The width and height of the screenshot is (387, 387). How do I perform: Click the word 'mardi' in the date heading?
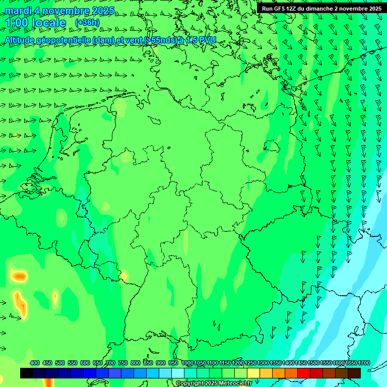[17, 11]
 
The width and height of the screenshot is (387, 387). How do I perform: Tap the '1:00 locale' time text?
[35, 23]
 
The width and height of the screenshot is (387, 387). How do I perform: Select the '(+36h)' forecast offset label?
[87, 23]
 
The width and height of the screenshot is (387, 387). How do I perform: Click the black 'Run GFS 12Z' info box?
[321, 8]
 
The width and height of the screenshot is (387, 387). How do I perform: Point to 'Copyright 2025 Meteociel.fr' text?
[214, 383]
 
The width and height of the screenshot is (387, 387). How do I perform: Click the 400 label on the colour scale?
[35, 363]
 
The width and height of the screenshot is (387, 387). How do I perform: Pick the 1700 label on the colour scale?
[364, 363]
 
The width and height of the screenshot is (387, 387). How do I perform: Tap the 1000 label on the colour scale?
[187, 363]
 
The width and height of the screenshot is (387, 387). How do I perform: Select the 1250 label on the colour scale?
[250, 363]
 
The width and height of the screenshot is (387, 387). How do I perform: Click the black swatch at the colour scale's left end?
[27, 373]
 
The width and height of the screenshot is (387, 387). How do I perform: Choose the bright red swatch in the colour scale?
[304, 373]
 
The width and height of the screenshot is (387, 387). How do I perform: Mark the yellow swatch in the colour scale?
[253, 373]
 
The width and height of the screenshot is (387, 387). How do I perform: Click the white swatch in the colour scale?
[178, 373]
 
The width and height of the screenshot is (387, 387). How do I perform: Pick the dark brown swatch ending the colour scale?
[354, 373]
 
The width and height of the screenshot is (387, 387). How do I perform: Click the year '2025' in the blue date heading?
[100, 11]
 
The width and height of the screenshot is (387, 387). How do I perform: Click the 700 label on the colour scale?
[110, 363]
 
